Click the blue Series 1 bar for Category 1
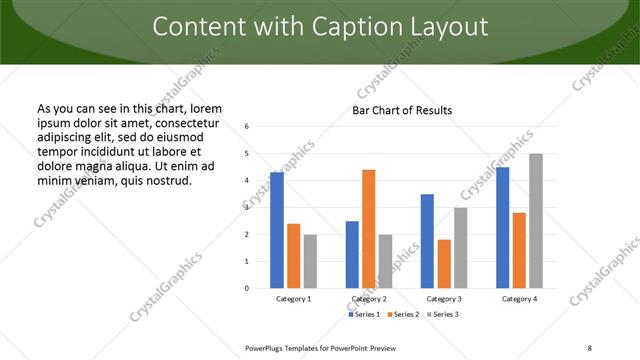click(x=277, y=230)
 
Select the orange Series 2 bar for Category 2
click(x=368, y=229)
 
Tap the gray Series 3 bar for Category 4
click(x=536, y=221)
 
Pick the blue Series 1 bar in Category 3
click(x=427, y=241)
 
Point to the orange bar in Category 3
click(x=444, y=264)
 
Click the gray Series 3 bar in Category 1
click(x=310, y=261)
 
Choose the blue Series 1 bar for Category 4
click(x=502, y=227)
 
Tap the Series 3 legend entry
click(x=443, y=315)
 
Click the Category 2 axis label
click(x=368, y=299)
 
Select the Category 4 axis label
click(x=519, y=299)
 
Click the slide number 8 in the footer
click(x=589, y=347)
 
